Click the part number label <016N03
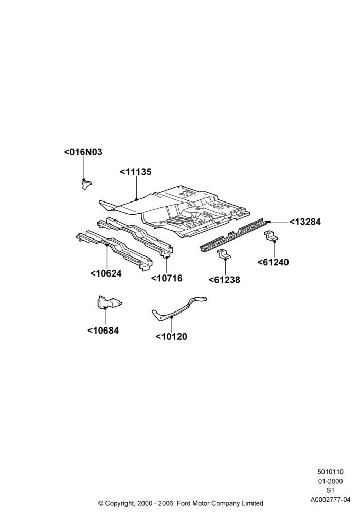[x=83, y=152]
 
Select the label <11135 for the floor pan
[x=135, y=172]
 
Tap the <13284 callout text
[x=305, y=222]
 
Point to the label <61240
[x=273, y=262]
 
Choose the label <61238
[x=224, y=280]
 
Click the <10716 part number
[x=167, y=278]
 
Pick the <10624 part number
[x=106, y=273]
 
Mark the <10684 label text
[x=103, y=331]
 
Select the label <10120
[x=171, y=337]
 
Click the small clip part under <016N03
[x=86, y=185]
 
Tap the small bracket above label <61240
[x=271, y=236]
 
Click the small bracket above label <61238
[x=224, y=254]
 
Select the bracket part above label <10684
[x=109, y=302]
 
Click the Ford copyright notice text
[x=181, y=503]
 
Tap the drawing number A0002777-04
[x=331, y=500]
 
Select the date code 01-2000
[x=331, y=481]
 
